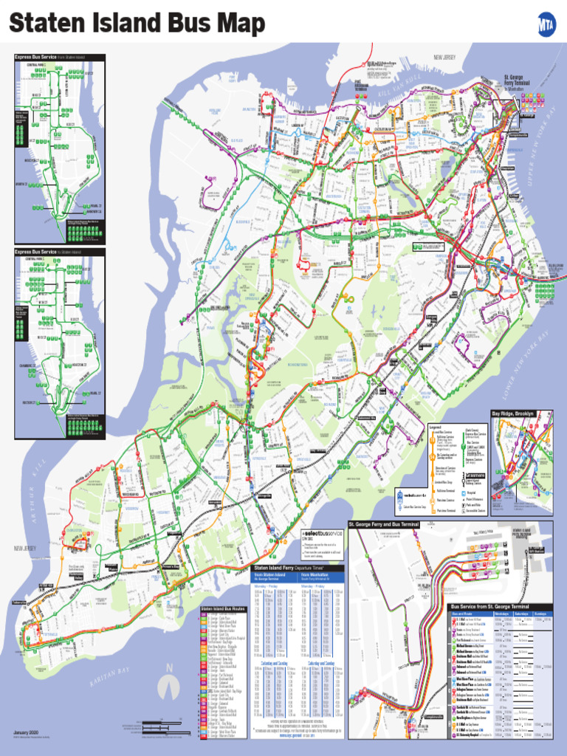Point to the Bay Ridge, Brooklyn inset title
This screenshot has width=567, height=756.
(512, 413)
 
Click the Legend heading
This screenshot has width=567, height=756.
(435, 427)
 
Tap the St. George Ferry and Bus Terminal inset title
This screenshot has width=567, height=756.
(394, 523)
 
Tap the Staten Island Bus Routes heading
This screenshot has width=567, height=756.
(222, 609)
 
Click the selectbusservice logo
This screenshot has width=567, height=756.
(323, 533)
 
